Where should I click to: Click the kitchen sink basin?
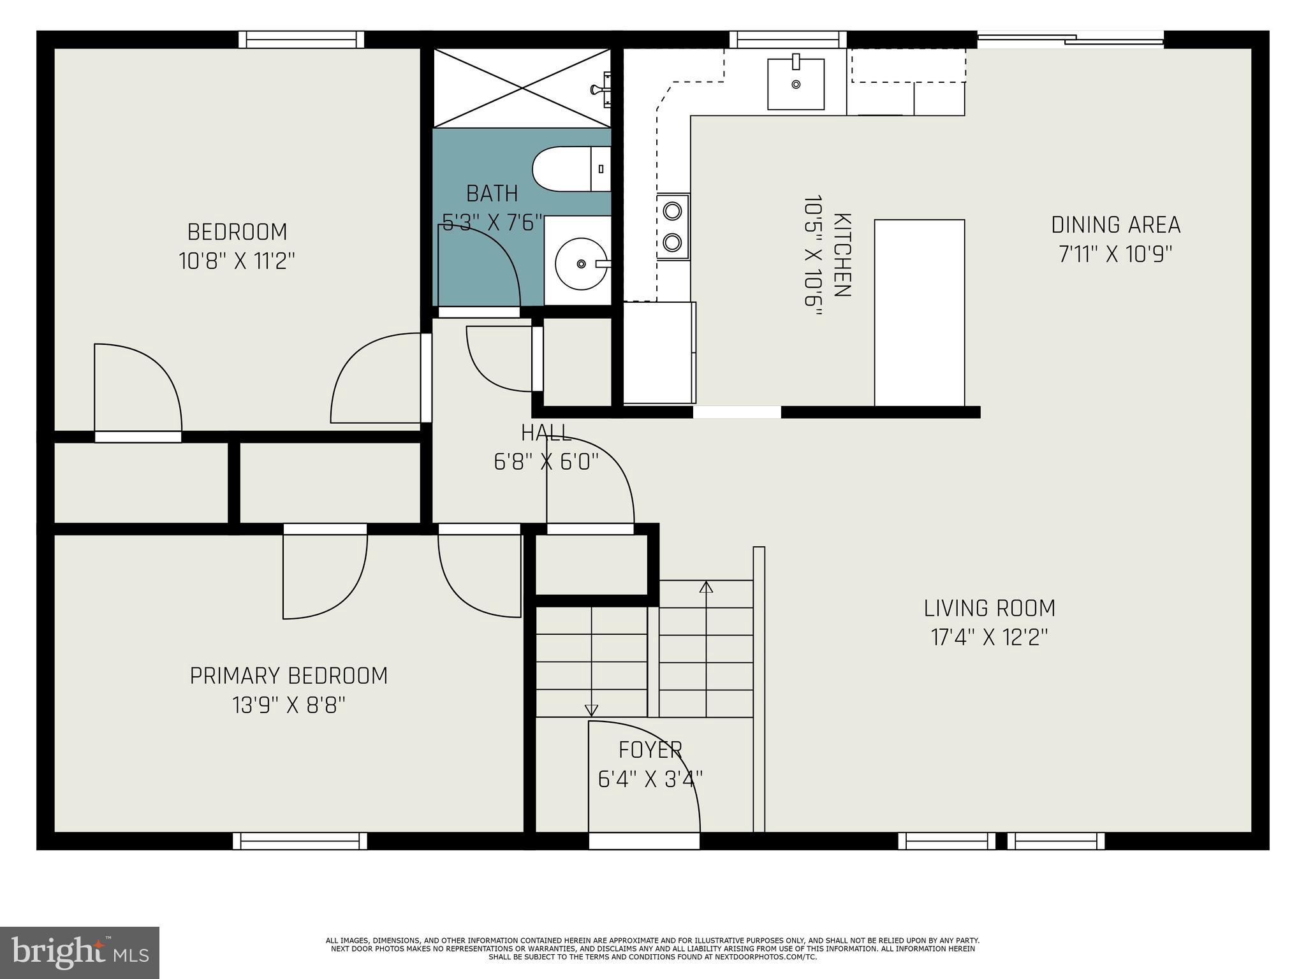click(x=795, y=84)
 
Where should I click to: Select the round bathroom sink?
click(x=580, y=263)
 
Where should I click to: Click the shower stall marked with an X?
click(x=522, y=87)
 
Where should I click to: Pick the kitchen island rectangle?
click(x=919, y=312)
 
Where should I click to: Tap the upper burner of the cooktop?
click(x=672, y=210)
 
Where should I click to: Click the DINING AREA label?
click(x=1115, y=225)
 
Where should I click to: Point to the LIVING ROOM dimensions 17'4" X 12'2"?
click(x=989, y=637)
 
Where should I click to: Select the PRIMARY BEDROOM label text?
click(x=289, y=676)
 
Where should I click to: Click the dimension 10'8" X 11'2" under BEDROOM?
click(x=237, y=261)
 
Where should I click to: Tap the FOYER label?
click(x=650, y=750)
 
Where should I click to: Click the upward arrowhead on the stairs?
click(x=706, y=587)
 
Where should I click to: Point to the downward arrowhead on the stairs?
click(x=591, y=710)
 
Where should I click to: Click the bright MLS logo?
click(x=79, y=952)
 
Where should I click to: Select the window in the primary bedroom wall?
click(x=300, y=841)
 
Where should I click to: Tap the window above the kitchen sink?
click(x=788, y=40)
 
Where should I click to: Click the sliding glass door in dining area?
click(x=1070, y=40)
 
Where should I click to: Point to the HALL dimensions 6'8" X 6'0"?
click(x=547, y=461)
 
